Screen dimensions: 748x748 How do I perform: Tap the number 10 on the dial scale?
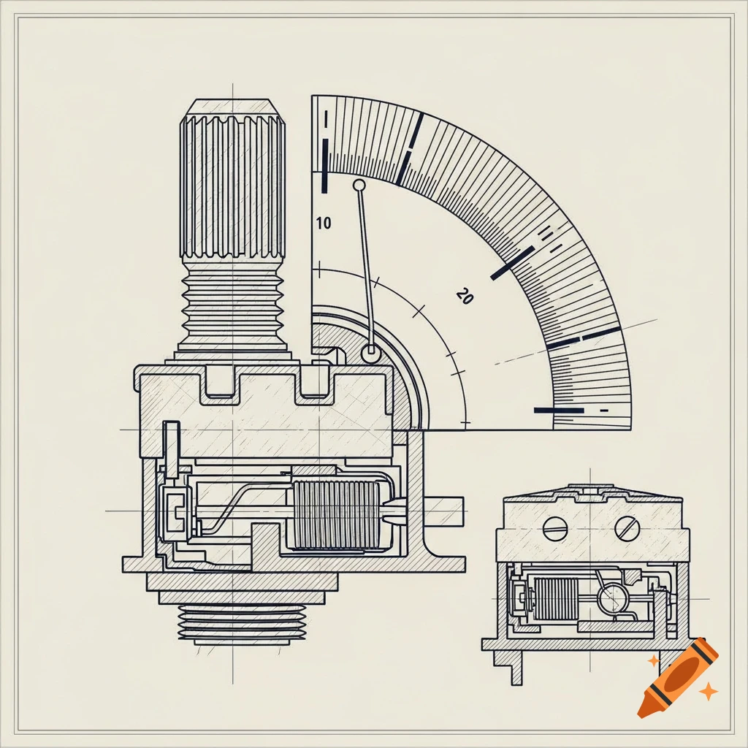tap(324, 224)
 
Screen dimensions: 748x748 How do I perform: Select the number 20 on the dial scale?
tap(465, 297)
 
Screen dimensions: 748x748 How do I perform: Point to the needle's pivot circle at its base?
tap(371, 354)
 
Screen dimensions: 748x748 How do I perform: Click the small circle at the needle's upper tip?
tap(359, 185)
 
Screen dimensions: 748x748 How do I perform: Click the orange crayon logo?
tap(676, 676)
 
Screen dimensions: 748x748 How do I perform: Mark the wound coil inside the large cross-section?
tap(335, 515)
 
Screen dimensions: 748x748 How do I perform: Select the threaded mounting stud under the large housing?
tap(240, 625)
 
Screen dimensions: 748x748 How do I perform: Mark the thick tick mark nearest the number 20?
tap(514, 264)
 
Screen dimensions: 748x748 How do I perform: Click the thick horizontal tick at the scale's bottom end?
tap(559, 411)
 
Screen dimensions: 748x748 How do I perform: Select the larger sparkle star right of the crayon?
tap(707, 690)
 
